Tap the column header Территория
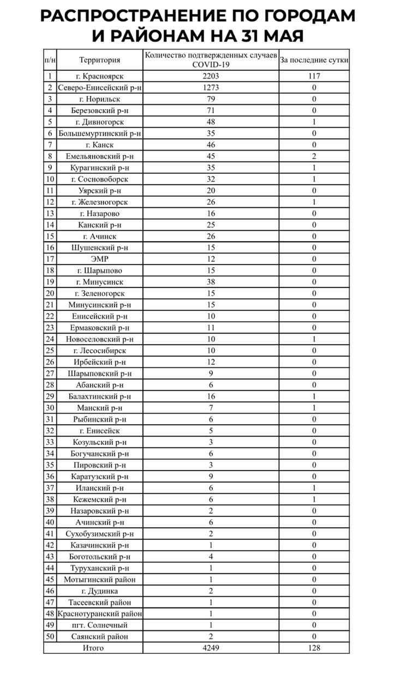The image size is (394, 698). click(x=99, y=60)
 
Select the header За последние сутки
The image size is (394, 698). click(x=314, y=60)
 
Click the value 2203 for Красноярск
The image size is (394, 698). click(x=211, y=76)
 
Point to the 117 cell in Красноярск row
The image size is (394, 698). click(x=314, y=76)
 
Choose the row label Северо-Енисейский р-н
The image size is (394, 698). click(x=99, y=88)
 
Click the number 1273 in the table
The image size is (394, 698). click(x=211, y=88)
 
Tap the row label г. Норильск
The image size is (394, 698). click(x=99, y=99)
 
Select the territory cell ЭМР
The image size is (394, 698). click(x=99, y=260)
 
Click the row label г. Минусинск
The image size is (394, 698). click(x=99, y=282)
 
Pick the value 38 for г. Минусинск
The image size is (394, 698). click(x=211, y=282)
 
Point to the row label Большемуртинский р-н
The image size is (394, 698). click(x=99, y=134)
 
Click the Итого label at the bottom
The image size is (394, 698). click(x=93, y=648)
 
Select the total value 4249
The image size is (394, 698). click(x=211, y=648)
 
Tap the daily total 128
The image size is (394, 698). click(x=314, y=648)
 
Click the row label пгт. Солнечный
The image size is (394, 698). click(x=99, y=625)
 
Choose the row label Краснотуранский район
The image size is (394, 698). click(x=99, y=613)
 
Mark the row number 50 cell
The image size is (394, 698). click(x=50, y=636)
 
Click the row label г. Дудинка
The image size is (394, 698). click(x=99, y=591)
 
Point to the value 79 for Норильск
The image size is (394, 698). click(x=211, y=99)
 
